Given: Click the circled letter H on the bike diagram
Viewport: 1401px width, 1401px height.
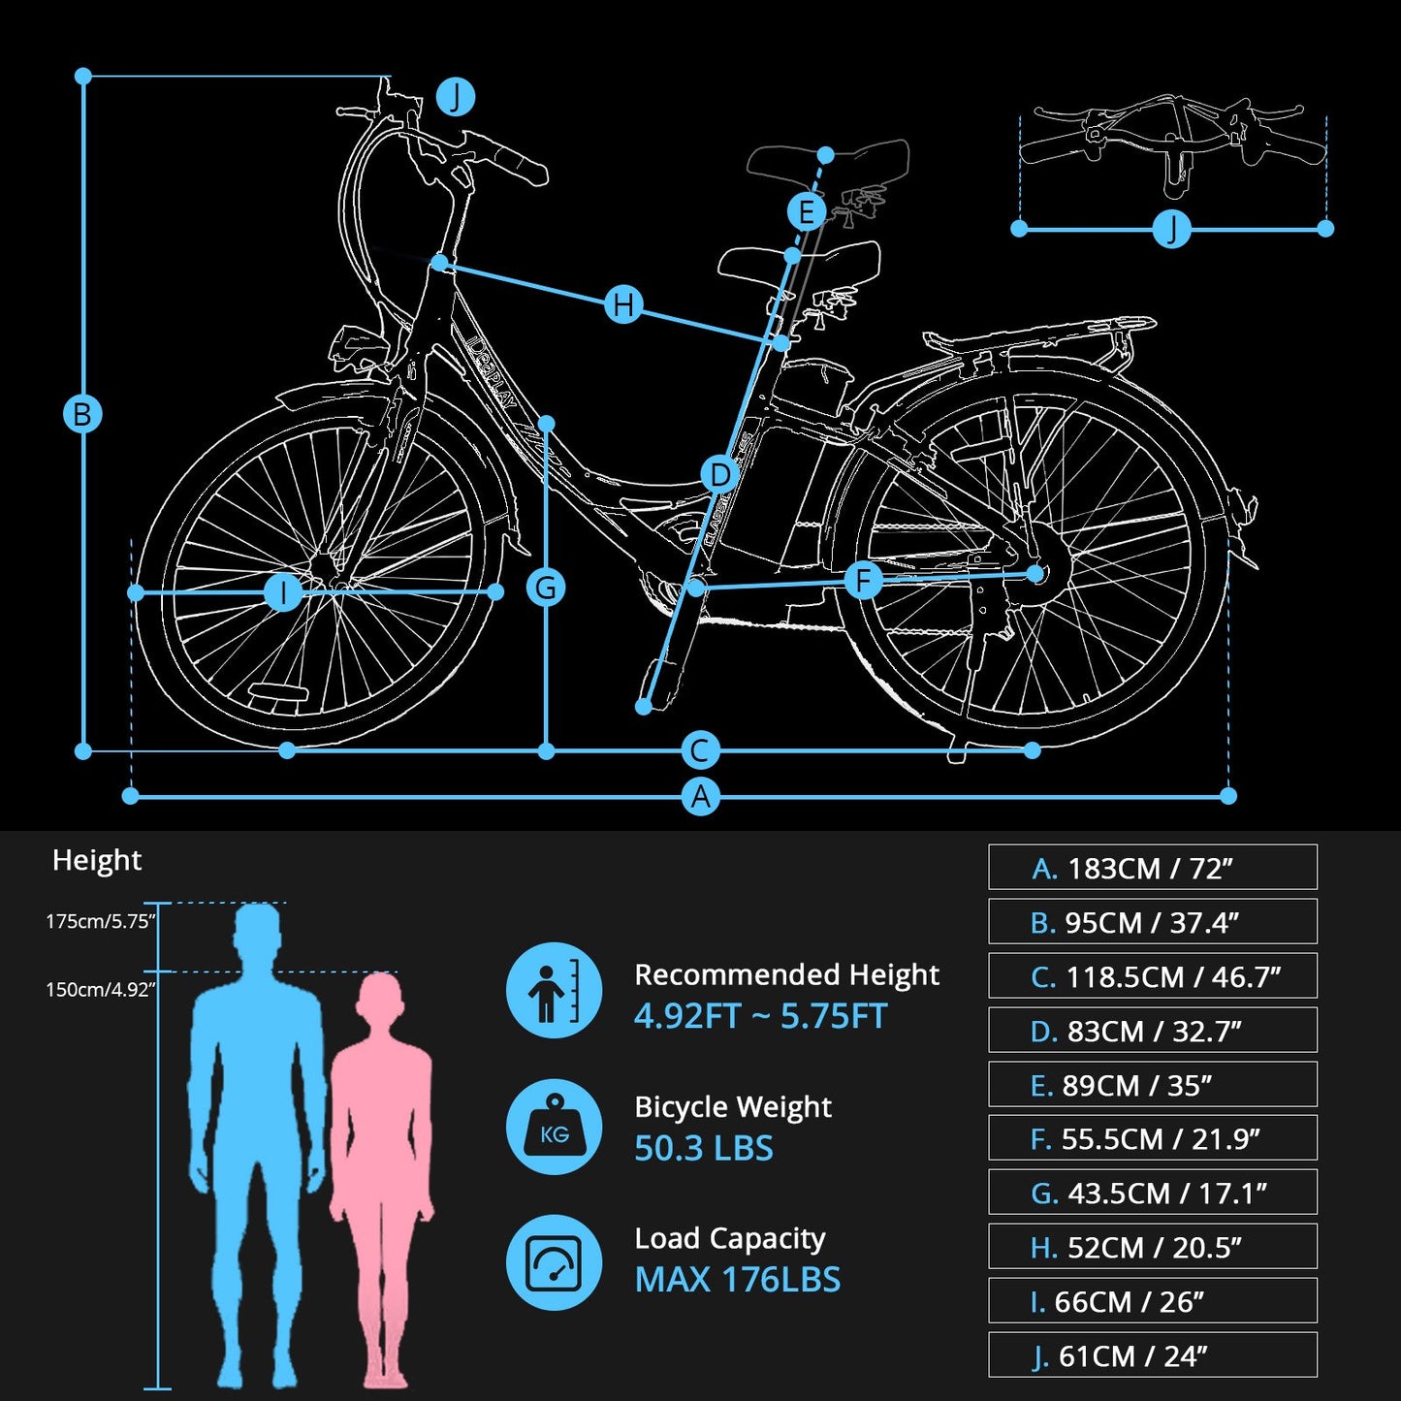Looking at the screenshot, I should tap(623, 304).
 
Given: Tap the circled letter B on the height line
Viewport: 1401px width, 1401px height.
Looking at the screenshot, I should tap(82, 414).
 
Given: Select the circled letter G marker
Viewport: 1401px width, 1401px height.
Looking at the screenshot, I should tap(546, 588).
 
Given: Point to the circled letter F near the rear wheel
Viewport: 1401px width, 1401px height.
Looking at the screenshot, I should tap(863, 582).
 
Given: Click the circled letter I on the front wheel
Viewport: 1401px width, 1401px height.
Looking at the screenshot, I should tap(283, 591).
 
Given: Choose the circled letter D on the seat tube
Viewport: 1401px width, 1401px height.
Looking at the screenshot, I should tap(719, 475).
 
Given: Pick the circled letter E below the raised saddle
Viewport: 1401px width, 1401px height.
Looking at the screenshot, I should tap(806, 211).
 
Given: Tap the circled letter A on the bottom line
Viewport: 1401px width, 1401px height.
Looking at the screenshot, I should tap(700, 797).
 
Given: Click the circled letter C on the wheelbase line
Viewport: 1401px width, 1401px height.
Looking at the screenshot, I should tap(700, 750).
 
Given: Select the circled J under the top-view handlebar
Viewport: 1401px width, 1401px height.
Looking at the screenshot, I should tap(1171, 229).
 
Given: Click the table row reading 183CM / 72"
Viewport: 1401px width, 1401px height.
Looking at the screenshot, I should tap(1152, 868).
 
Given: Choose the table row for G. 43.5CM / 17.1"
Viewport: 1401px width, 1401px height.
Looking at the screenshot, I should tap(1152, 1193).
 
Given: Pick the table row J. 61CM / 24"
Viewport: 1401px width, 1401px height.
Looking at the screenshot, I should tap(1152, 1355).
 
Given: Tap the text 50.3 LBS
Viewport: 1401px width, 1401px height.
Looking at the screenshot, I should tap(704, 1149).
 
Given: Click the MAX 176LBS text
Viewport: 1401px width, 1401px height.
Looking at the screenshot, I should tap(737, 1280).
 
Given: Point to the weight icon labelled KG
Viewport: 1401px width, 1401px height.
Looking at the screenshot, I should tap(554, 1127).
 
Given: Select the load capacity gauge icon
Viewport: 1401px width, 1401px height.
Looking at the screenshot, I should tap(554, 1262).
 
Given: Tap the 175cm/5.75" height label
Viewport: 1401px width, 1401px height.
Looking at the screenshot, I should tap(100, 921).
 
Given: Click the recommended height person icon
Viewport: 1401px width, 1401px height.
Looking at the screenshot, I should tap(554, 991).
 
